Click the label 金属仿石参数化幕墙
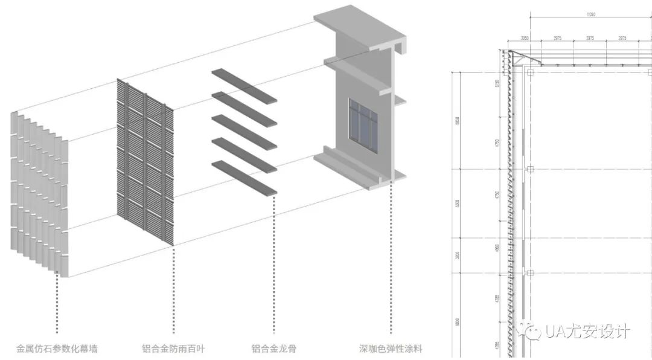[57, 349]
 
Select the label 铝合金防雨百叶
[173, 349]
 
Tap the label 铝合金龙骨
[273, 349]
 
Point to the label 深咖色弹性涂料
[391, 349]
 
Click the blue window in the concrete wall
[362, 125]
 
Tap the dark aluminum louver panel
[145, 163]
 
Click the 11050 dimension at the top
[591, 13]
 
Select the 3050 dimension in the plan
[525, 38]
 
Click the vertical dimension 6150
[497, 83]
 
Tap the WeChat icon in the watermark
[533, 331]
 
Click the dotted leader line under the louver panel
[174, 290]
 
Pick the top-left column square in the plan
[530, 72]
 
